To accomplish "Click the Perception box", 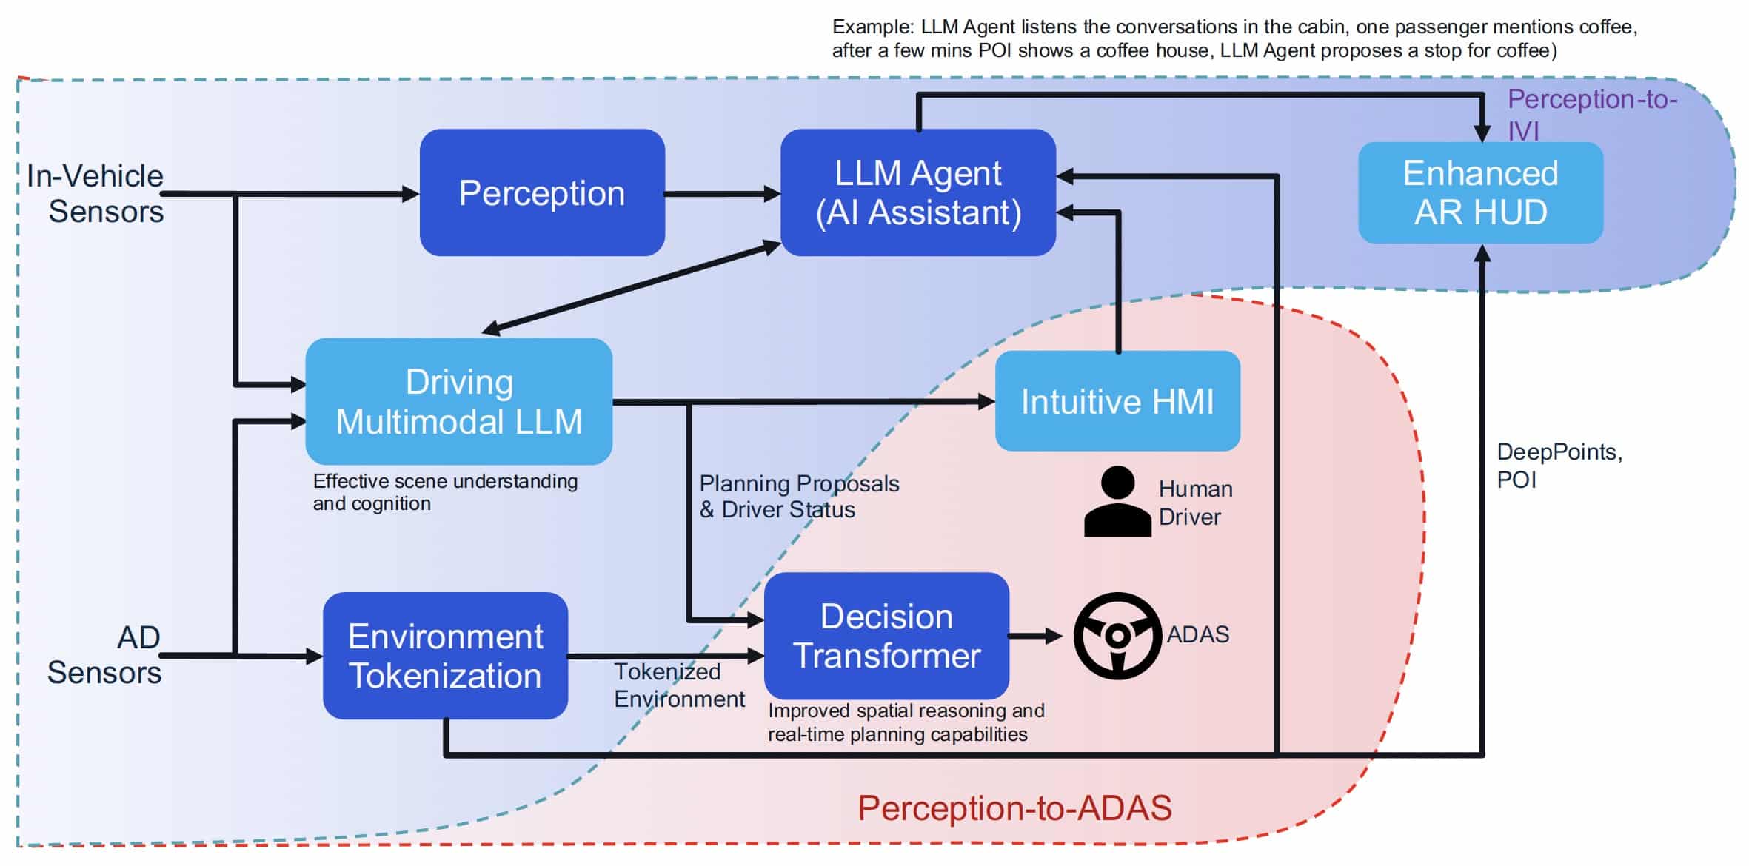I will [x=542, y=193].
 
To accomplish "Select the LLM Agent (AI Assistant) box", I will [x=918, y=193].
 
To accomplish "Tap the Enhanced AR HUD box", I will [x=1480, y=193].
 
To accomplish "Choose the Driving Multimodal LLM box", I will [x=458, y=402].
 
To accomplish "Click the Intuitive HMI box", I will [x=1117, y=402].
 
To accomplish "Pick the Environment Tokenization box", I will [x=445, y=656].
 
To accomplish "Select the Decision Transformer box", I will [x=886, y=637].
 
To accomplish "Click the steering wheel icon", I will [x=1117, y=636].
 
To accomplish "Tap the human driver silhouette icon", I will [x=1117, y=502].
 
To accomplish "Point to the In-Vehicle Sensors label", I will [x=96, y=194].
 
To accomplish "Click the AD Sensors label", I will [x=105, y=655].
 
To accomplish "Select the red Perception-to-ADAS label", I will [x=1014, y=808].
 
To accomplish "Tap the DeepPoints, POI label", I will [x=1558, y=466].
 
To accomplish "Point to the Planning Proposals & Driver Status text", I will [x=798, y=497].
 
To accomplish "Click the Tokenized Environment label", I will [x=678, y=685].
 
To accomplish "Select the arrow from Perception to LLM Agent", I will [x=722, y=194].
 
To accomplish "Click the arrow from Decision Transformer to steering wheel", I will [x=1034, y=636].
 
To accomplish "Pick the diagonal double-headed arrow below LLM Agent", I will [x=631, y=288].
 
